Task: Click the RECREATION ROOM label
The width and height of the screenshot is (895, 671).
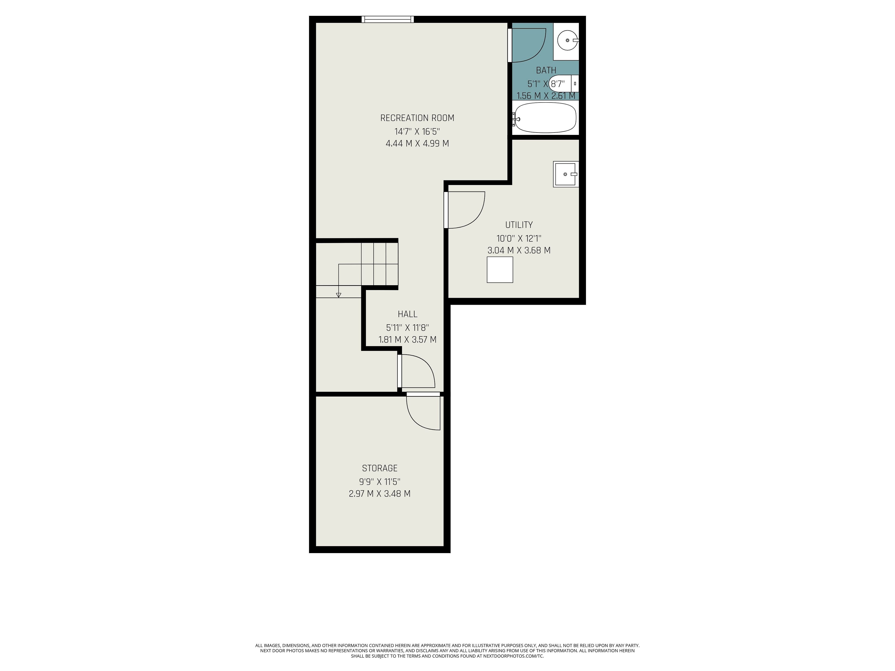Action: pyautogui.click(x=417, y=118)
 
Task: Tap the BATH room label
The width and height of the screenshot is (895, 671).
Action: pyautogui.click(x=546, y=70)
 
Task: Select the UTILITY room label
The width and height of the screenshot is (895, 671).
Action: pyautogui.click(x=519, y=225)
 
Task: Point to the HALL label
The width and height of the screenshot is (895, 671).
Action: pyautogui.click(x=407, y=314)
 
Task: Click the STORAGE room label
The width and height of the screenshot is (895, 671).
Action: pyautogui.click(x=379, y=468)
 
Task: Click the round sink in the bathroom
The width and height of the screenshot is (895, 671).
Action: pyautogui.click(x=568, y=41)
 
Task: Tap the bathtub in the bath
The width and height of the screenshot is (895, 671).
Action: pyautogui.click(x=545, y=117)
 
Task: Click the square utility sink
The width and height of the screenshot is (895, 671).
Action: pyautogui.click(x=566, y=174)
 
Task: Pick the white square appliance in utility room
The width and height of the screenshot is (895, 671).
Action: pyautogui.click(x=500, y=270)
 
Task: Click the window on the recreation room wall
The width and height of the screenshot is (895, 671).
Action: pyautogui.click(x=388, y=19)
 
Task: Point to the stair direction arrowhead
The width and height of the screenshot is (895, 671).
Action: pyautogui.click(x=339, y=295)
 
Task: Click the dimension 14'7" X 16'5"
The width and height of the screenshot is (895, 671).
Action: pyautogui.click(x=417, y=131)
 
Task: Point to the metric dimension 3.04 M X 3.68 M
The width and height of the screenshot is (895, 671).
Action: pyautogui.click(x=519, y=250)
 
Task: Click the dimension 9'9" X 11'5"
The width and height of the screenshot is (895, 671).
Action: pyautogui.click(x=379, y=482)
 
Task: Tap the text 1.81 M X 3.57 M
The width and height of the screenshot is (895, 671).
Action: pyautogui.click(x=407, y=340)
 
